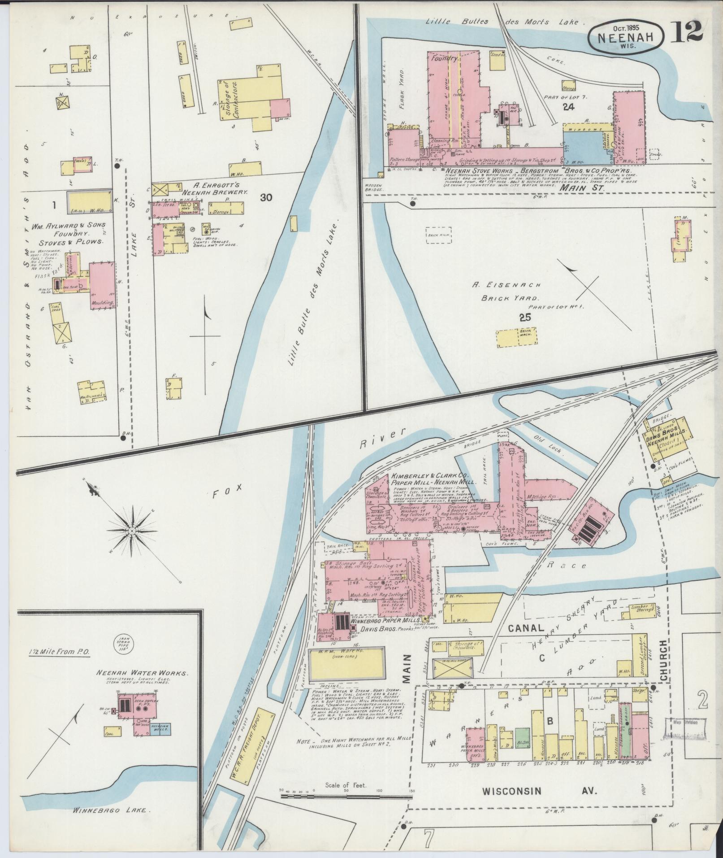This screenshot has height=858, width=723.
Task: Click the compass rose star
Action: pyautogui.click(x=132, y=531)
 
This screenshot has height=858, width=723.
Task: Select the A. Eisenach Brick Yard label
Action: pyautogui.click(x=506, y=291)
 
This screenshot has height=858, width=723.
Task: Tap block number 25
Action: pyautogui.click(x=524, y=318)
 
